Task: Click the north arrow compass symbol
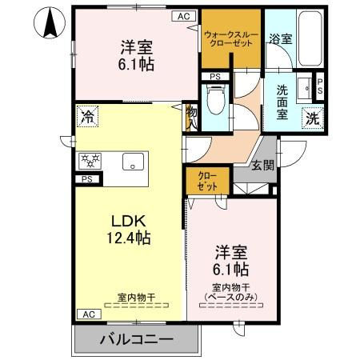coord(50,22)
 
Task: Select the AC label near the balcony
coord(86,314)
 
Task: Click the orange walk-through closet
coord(231,40)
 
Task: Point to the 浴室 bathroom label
coord(279,38)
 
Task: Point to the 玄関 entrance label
coord(262,166)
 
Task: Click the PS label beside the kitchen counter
coord(86,180)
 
